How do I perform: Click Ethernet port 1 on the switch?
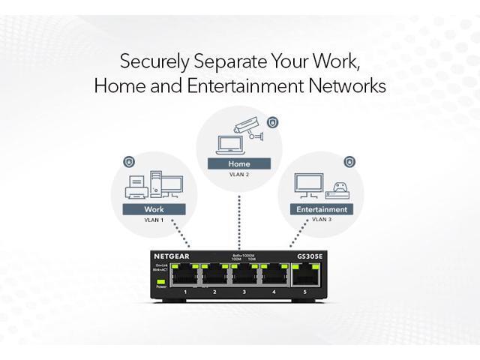184,275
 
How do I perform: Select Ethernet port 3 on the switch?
244,275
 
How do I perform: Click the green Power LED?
160,280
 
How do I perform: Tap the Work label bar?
153,209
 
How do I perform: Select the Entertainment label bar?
322,209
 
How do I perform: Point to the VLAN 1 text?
153,221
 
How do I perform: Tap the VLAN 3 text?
322,220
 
